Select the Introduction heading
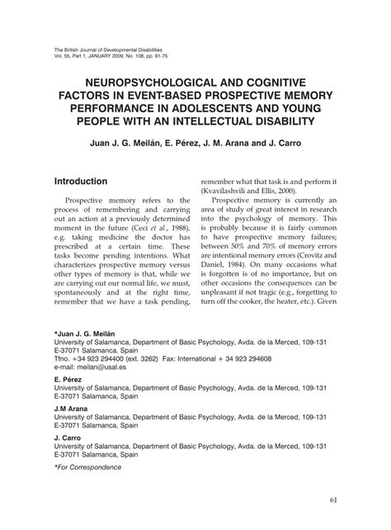click(x=92, y=181)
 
